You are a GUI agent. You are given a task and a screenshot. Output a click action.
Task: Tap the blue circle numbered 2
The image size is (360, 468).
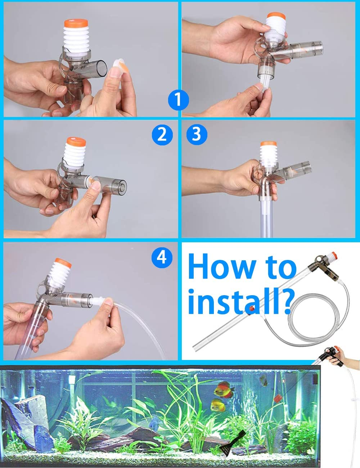(162, 134)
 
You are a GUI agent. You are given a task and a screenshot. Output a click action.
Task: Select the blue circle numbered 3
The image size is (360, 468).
(196, 134)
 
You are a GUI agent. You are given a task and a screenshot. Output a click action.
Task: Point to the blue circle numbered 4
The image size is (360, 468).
(162, 257)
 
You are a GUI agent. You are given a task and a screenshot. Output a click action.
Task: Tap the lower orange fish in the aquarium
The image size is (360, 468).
(218, 405)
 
